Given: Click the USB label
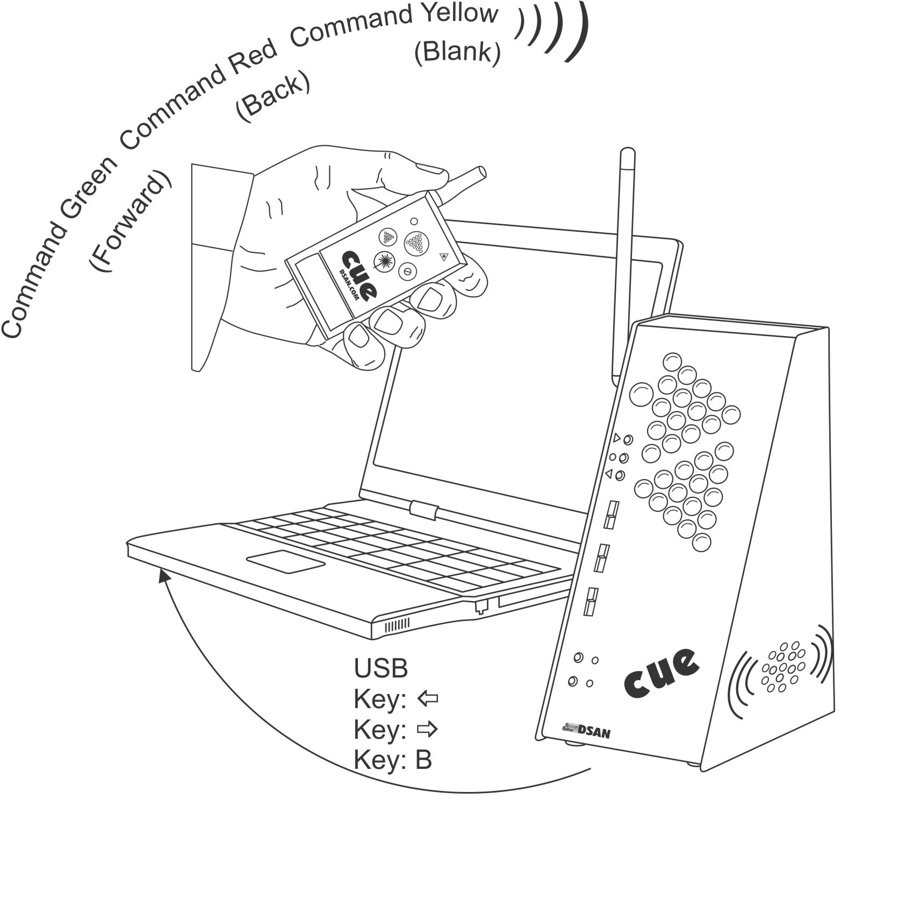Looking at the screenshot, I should click(x=380, y=668).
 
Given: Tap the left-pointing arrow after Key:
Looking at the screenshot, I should click(x=428, y=699).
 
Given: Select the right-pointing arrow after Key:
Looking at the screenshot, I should click(x=428, y=730).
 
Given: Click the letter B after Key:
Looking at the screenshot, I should click(x=423, y=760).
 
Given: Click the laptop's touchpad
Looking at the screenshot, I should click(x=286, y=562).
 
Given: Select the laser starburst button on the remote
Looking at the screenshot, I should click(x=384, y=261).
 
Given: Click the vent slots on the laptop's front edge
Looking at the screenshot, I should click(x=397, y=624).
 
